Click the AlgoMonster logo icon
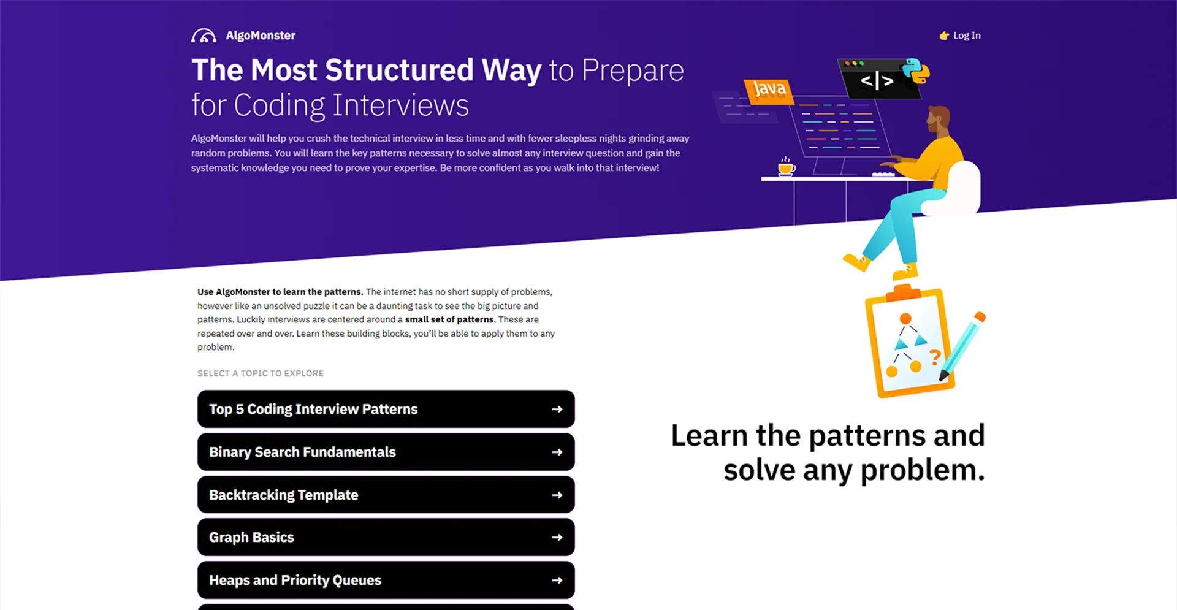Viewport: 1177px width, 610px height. [x=204, y=36]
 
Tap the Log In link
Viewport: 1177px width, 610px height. [x=967, y=36]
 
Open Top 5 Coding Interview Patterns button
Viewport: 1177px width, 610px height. [x=386, y=409]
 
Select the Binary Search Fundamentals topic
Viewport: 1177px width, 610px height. [x=386, y=452]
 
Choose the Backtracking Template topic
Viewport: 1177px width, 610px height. [x=386, y=495]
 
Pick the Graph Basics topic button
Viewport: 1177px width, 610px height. [x=386, y=537]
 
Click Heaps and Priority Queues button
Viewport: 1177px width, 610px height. [x=386, y=580]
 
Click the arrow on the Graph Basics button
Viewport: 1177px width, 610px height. [x=557, y=537]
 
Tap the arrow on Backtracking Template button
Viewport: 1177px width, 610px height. [x=557, y=495]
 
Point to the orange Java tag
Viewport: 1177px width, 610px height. [x=769, y=91]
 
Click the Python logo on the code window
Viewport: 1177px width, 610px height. [x=915, y=71]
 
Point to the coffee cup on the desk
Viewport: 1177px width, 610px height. [x=787, y=167]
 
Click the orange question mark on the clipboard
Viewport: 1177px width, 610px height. [x=935, y=356]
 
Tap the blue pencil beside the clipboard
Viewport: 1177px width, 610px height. [x=962, y=346]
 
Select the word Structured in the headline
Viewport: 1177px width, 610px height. [x=399, y=70]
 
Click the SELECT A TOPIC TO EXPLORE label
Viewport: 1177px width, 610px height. [x=261, y=373]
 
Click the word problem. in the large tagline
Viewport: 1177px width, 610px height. [x=923, y=471]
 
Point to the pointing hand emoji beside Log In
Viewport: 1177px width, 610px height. [x=944, y=36]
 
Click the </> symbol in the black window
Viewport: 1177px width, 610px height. [x=877, y=80]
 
